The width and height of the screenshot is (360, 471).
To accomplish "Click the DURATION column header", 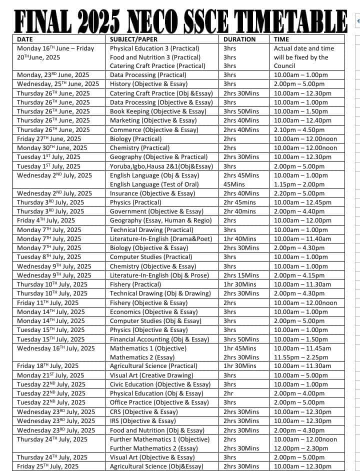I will coord(239,39).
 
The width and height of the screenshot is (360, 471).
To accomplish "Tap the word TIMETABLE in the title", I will coord(292,20).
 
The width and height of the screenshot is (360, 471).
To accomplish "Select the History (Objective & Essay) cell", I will coord(151,84).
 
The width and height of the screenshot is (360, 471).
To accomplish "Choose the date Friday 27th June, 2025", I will coord(49,138).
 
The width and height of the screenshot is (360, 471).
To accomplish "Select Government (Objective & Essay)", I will coord(156,211).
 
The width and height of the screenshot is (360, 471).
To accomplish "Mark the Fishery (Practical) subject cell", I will coord(135,284).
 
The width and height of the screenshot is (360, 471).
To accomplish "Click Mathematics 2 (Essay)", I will coord(142,357).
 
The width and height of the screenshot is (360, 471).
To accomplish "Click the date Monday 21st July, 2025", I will coord(50,375).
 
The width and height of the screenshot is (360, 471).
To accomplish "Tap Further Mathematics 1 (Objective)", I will coord(159,439).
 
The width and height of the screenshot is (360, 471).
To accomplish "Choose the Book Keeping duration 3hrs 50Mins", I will coord(241,111).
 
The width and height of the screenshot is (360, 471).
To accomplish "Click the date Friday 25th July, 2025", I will coord(48,466).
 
